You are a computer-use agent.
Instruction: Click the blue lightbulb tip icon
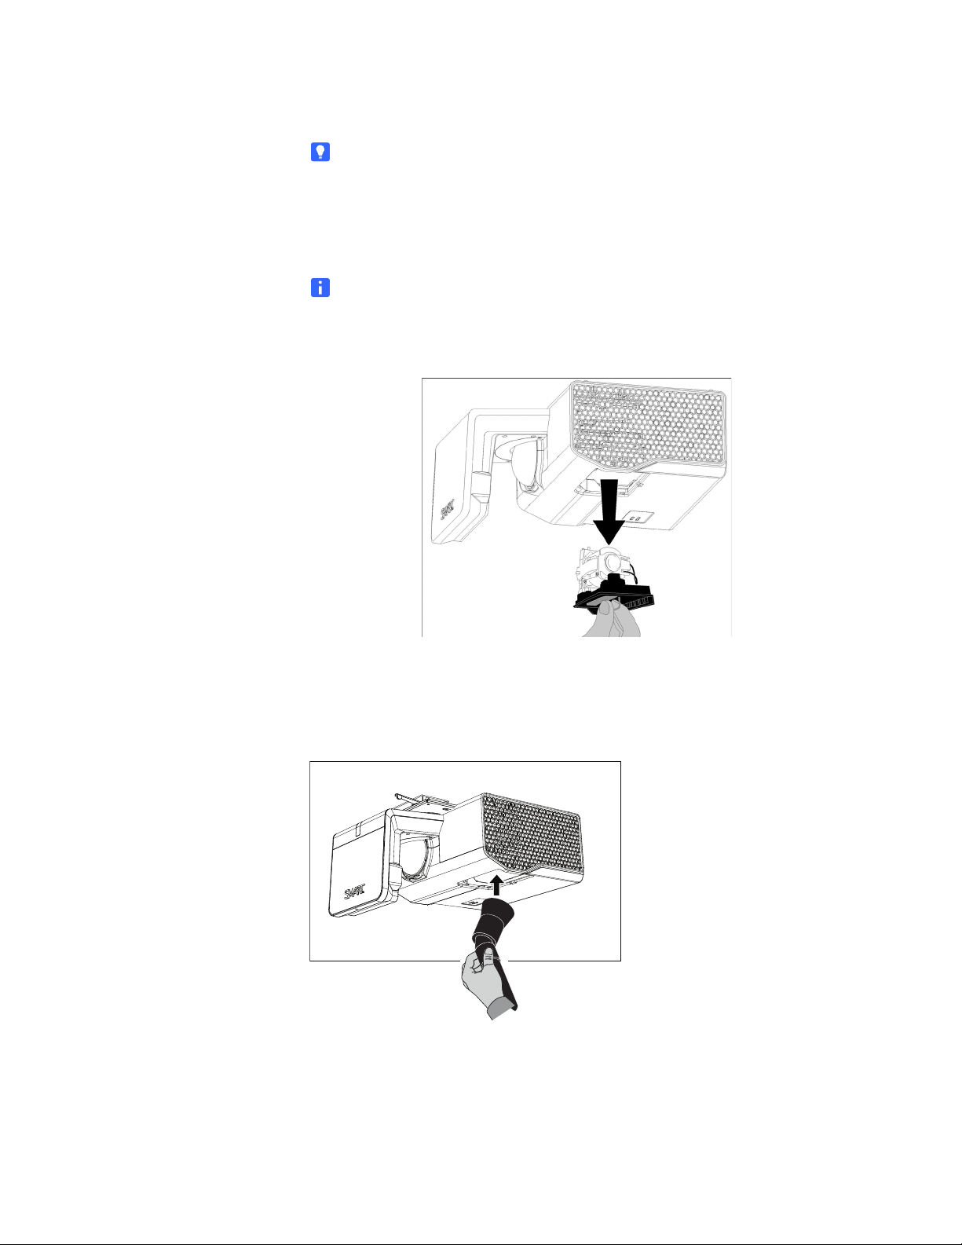pos(320,152)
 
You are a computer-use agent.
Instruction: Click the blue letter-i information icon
pos(320,287)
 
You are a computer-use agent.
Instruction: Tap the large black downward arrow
pos(609,511)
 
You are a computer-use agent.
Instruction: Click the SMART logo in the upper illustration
pos(448,509)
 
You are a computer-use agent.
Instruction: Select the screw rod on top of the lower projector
pos(409,796)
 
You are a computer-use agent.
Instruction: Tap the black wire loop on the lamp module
pos(633,572)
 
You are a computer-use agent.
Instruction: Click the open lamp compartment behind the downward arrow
pos(607,487)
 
